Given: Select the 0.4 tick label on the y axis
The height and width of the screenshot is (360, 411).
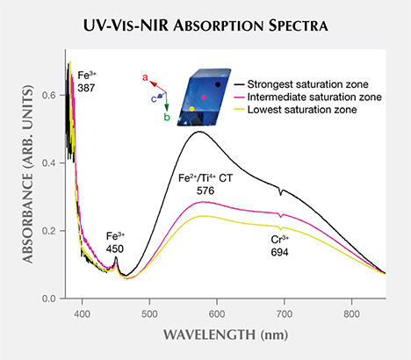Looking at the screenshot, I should pyautogui.click(x=52, y=162).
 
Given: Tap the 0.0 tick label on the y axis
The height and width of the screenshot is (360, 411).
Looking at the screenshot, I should pyautogui.click(x=52, y=299).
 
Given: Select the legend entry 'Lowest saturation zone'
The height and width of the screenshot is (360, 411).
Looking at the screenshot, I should pyautogui.click(x=302, y=110).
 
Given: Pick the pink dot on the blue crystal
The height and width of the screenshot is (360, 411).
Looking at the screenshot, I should pyautogui.click(x=204, y=97).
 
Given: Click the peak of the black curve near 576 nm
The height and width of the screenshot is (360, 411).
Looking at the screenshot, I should pyautogui.click(x=199, y=132).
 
